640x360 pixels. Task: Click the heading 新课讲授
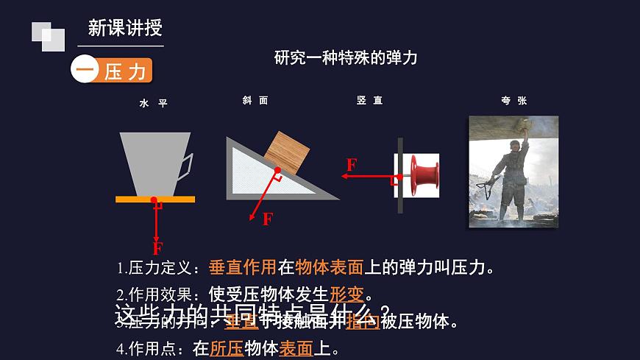124,29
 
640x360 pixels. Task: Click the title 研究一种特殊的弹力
346,57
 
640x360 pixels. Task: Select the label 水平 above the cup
154,104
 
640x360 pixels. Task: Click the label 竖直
369,101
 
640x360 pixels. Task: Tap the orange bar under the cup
155,199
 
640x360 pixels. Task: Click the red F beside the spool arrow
352,164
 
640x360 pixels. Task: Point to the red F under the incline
267,219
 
